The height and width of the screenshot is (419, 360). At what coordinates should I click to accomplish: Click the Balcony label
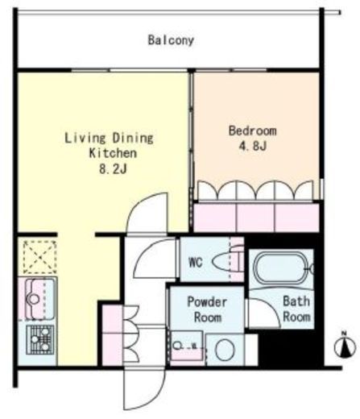click(x=171, y=40)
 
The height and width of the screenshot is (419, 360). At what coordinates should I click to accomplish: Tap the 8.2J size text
click(x=113, y=169)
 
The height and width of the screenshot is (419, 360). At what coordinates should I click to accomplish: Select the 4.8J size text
click(x=252, y=146)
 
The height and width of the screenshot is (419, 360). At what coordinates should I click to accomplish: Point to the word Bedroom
click(x=252, y=131)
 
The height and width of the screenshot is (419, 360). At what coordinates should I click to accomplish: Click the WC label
click(x=196, y=263)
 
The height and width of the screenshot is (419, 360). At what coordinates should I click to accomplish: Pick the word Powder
click(x=207, y=301)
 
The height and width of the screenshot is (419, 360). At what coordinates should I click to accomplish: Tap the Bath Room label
click(x=296, y=309)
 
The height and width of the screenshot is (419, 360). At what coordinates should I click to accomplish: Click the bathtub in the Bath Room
click(x=280, y=268)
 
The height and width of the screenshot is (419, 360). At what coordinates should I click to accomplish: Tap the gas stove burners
click(x=40, y=340)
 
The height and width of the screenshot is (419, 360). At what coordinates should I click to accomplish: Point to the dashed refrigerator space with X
click(x=39, y=257)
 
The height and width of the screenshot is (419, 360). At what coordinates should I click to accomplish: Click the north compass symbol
click(x=344, y=346)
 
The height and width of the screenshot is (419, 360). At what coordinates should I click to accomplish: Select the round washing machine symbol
click(x=225, y=350)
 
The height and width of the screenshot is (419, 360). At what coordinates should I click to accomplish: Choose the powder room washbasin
click(x=186, y=346)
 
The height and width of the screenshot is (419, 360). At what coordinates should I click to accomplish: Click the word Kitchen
click(x=113, y=154)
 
